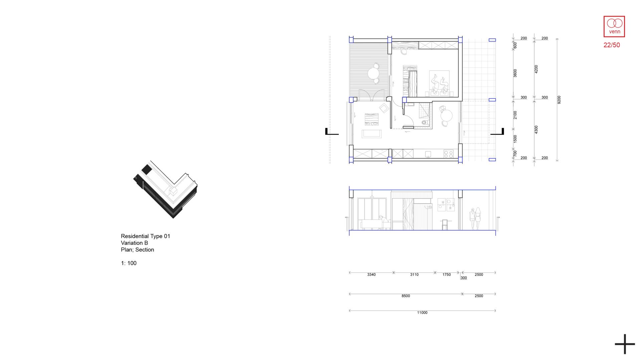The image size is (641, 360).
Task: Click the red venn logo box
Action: pos(614,26)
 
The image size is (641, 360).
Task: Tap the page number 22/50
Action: pos(612,45)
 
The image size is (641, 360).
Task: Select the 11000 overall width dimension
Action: pos(422,313)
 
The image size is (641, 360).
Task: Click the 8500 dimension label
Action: pos(406,296)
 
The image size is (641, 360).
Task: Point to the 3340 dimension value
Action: pos(371,275)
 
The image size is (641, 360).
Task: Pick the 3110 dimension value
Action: pos(414,275)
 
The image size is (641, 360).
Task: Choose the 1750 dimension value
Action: pos(446,275)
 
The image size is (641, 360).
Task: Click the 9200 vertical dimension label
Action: pos(559,100)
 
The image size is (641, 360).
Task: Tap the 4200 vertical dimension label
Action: pos(536,69)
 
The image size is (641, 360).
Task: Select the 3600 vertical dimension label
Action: pos(515,73)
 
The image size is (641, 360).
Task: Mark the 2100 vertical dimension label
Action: pos(515,115)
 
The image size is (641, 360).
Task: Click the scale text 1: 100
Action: pos(129,263)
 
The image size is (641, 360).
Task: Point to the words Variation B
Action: pos(134,243)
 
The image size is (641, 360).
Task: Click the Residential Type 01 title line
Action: pos(146,236)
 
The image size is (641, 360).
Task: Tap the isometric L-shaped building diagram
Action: pos(166,189)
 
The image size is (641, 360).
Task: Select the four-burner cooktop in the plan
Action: pos(448,154)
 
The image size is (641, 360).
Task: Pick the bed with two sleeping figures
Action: pos(439,83)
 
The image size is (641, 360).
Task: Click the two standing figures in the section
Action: pos(475,219)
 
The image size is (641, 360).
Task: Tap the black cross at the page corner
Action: pos(625,344)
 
